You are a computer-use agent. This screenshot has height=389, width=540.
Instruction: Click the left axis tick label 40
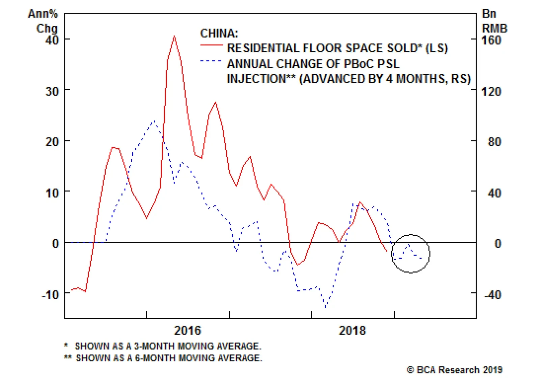pos(52,40)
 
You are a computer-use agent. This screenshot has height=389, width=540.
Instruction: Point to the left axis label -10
pos(50,295)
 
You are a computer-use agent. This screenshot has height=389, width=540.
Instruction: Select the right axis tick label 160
pos(491,40)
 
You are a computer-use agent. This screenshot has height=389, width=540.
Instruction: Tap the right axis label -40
pos(492,295)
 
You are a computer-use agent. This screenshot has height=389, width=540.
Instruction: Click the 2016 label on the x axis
pos(187,330)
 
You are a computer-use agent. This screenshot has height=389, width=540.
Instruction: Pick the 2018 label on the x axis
pos(352,330)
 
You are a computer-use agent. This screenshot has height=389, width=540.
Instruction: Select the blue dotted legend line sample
pos(211,61)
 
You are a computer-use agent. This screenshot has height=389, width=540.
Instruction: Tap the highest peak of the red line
pos(174,36)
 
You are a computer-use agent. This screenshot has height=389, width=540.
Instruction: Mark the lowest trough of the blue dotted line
pos(325,307)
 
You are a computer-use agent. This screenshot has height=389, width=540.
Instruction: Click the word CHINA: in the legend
pos(219,33)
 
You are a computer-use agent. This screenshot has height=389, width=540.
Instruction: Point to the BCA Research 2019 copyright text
pos(454,370)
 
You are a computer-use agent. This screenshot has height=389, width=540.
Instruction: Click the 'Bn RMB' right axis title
pos(494,21)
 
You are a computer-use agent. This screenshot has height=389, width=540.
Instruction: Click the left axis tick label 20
pos(52,142)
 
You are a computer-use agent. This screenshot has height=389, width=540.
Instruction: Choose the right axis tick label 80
pos(494,142)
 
